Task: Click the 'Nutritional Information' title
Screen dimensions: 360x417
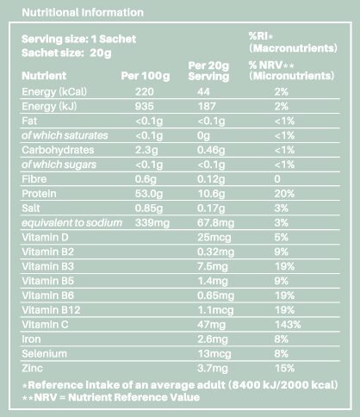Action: tap(83, 12)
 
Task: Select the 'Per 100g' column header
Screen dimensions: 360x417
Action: tap(146, 76)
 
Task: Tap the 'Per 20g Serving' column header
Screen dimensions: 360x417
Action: tap(208, 72)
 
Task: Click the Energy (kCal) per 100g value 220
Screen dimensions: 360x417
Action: tap(145, 92)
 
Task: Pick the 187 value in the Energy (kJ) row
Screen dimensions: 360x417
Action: tap(207, 106)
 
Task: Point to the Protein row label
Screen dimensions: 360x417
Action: tap(39, 194)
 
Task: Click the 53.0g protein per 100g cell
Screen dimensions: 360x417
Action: tap(149, 194)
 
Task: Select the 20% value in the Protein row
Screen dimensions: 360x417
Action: tap(284, 194)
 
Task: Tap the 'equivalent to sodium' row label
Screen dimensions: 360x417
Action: tap(71, 223)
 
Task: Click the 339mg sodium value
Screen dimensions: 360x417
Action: tap(152, 223)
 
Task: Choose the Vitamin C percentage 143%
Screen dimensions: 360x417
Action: tap(288, 325)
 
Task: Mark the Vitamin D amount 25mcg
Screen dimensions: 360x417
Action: tap(214, 238)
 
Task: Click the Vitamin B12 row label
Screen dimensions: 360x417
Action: tap(51, 310)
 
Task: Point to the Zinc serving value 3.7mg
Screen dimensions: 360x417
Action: tap(213, 369)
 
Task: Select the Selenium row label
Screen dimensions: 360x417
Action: tap(44, 353)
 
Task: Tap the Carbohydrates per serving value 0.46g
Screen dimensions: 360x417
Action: tap(211, 150)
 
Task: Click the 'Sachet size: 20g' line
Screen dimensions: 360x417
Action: tap(66, 53)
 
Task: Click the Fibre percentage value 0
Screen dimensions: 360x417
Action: tap(277, 179)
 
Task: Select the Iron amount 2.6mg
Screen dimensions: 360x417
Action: tap(213, 339)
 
